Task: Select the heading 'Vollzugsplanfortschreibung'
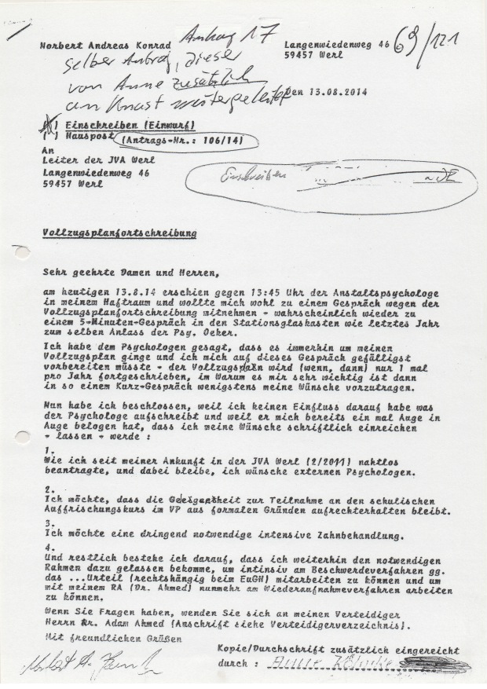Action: [x=119, y=234]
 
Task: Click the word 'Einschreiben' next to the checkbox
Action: [x=99, y=126]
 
